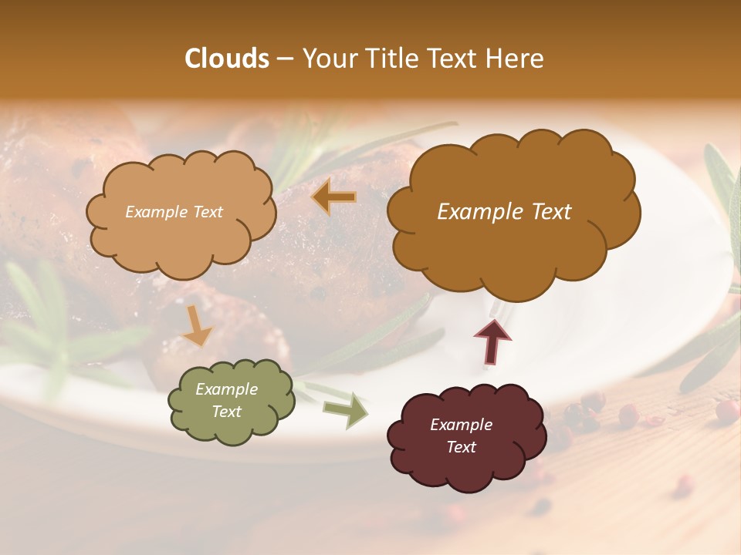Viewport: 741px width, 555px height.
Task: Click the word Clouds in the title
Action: (x=227, y=59)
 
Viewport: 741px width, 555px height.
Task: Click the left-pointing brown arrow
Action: (x=334, y=197)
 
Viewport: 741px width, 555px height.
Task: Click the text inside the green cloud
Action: (x=226, y=401)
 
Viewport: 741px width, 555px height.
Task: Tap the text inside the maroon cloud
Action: (x=461, y=436)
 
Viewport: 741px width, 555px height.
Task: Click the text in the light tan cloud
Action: (x=174, y=212)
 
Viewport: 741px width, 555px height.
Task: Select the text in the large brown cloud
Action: (x=504, y=212)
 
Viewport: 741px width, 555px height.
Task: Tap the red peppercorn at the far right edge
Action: (x=726, y=411)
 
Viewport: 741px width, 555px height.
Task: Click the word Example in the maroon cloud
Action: (x=461, y=425)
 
